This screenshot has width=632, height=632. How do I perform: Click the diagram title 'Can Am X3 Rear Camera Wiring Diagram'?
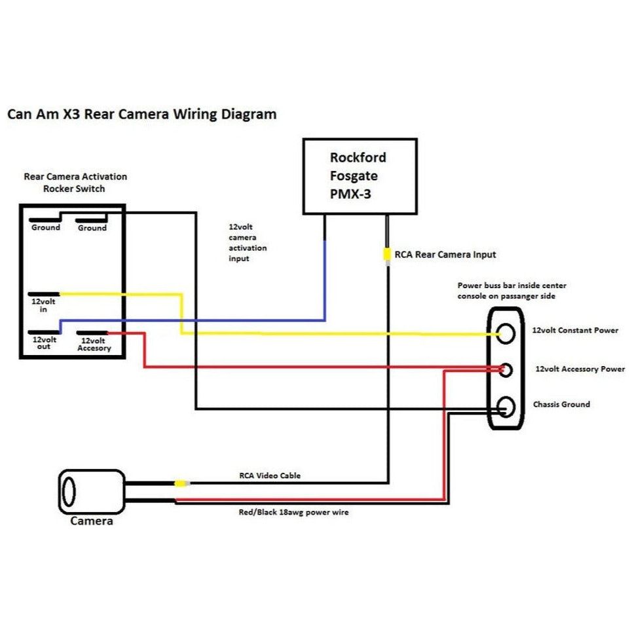click(x=141, y=114)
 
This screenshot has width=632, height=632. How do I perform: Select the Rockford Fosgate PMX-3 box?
click(x=360, y=176)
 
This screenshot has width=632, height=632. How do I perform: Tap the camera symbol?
click(x=92, y=491)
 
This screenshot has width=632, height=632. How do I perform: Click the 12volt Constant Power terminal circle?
click(x=507, y=333)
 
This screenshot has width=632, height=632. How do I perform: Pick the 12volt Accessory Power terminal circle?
click(x=506, y=370)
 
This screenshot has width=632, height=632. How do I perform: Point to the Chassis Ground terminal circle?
click(x=506, y=407)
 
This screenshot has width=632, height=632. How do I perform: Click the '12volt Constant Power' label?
click(x=575, y=331)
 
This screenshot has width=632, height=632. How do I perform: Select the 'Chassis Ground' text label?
click(x=561, y=405)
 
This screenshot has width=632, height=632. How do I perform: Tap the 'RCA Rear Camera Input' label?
click(x=445, y=254)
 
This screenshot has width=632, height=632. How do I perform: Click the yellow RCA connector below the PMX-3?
click(x=388, y=254)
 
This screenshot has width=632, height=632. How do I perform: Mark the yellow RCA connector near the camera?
click(x=181, y=484)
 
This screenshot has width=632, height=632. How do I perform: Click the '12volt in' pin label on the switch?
click(x=43, y=305)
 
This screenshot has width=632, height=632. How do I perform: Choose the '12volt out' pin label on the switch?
click(x=45, y=343)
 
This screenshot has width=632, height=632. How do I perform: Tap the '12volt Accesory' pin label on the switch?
click(x=92, y=344)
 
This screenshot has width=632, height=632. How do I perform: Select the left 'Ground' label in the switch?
click(x=46, y=228)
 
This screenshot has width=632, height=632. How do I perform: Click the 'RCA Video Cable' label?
click(x=269, y=475)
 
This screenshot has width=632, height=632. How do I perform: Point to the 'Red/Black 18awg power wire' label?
click(x=293, y=513)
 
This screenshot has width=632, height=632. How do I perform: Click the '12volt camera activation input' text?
click(x=247, y=242)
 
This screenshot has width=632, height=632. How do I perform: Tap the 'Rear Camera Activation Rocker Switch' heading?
click(x=75, y=183)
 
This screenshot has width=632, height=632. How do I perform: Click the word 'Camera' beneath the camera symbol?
click(x=92, y=521)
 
